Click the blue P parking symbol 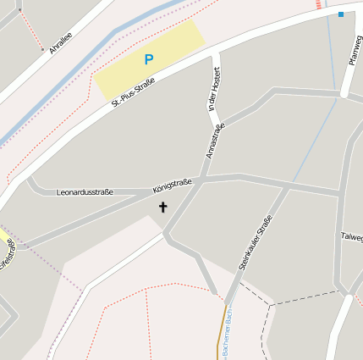[x=149, y=60]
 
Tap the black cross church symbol [x=162, y=207]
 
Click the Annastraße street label [x=214, y=141]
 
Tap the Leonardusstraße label [x=84, y=193]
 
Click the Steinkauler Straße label [x=256, y=243]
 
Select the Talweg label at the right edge [x=351, y=236]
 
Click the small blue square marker [x=341, y=14]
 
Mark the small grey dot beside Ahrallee [x=42, y=50]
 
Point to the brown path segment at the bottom [x=224, y=330]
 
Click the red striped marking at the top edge [x=319, y=4]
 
